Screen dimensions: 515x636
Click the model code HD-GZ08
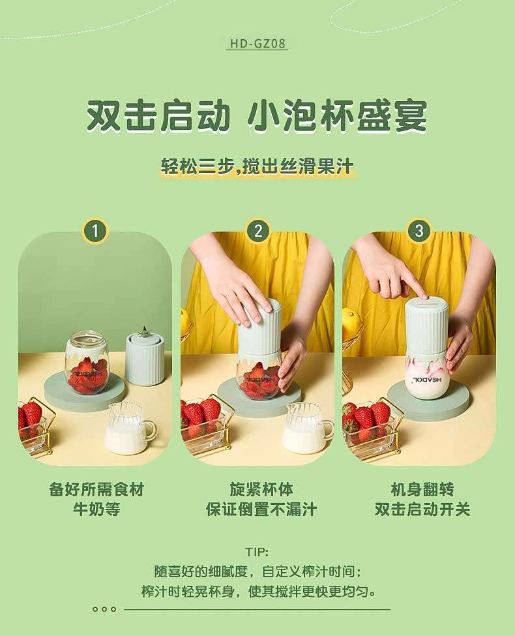pyautogui.click(x=257, y=44)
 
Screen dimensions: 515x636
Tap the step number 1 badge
pyautogui.click(x=95, y=231)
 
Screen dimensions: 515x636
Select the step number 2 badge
pyautogui.click(x=258, y=231)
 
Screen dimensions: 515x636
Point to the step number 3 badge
pyautogui.click(x=419, y=231)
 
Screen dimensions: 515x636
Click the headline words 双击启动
pyautogui.click(x=159, y=116)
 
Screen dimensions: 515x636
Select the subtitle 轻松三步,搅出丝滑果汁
pyautogui.click(x=257, y=167)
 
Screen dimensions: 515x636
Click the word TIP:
pyautogui.click(x=257, y=552)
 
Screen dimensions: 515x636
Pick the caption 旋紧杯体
pyautogui.click(x=261, y=490)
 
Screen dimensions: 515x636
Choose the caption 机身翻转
pyautogui.click(x=422, y=490)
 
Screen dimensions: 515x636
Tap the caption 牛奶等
pyautogui.click(x=96, y=509)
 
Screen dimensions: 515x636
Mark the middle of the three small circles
pyautogui.click(x=104, y=609)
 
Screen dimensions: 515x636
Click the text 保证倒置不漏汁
pyautogui.click(x=261, y=509)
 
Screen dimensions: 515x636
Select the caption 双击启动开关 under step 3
pyautogui.click(x=422, y=509)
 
